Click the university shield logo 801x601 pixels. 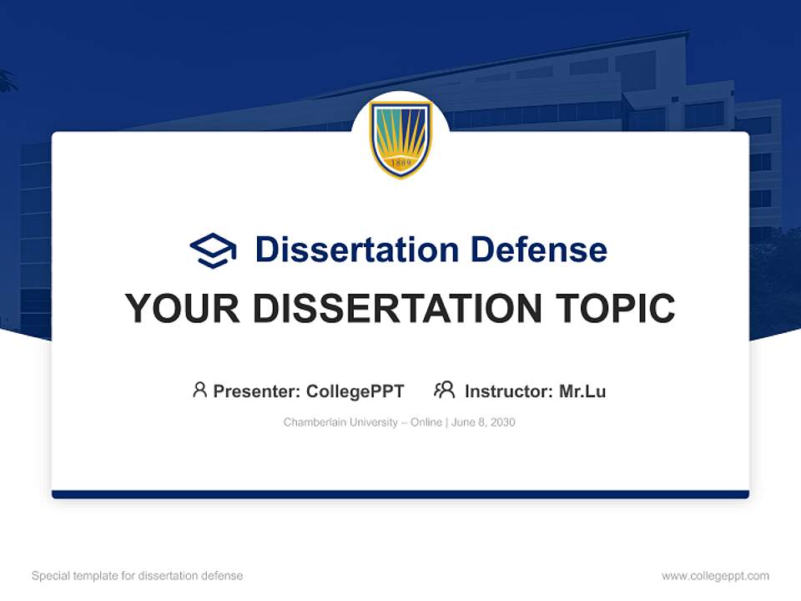[x=400, y=139]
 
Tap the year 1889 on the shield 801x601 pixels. [x=400, y=163]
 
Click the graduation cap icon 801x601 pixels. [x=213, y=250]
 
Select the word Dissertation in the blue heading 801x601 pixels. [x=356, y=250]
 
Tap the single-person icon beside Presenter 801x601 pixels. [x=199, y=390]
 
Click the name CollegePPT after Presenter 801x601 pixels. [x=355, y=391]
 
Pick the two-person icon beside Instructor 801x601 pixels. [x=444, y=390]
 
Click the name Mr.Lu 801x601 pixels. [x=582, y=391]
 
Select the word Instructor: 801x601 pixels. [x=508, y=391]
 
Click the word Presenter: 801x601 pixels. [x=257, y=391]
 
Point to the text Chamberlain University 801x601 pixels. [x=340, y=422]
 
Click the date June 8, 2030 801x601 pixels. [x=485, y=422]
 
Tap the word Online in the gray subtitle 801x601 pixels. [x=426, y=422]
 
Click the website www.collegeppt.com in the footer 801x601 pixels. [x=715, y=576]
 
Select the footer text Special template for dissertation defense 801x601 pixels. [x=138, y=576]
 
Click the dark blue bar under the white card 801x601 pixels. [x=400, y=494]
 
